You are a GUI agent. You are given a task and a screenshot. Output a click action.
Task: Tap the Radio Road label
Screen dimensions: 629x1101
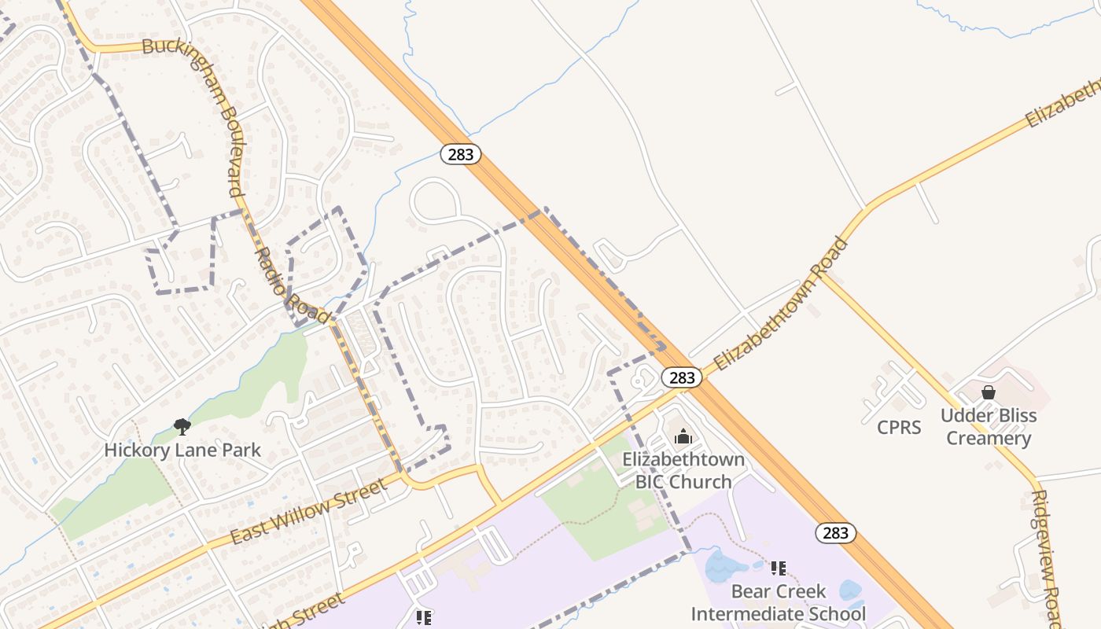click(x=292, y=286)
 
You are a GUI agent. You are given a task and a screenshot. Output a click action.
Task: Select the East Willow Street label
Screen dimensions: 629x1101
click(x=309, y=512)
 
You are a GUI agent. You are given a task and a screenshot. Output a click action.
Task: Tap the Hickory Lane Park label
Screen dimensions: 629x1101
click(x=182, y=451)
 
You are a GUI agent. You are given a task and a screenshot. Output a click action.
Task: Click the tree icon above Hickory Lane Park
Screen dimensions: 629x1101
click(x=182, y=427)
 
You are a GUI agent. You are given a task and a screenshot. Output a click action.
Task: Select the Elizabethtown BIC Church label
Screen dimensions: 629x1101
click(x=683, y=470)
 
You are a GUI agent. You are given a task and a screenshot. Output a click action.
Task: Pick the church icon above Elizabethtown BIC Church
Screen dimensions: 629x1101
click(x=683, y=436)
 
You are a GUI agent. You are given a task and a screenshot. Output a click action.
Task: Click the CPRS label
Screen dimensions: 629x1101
click(x=899, y=428)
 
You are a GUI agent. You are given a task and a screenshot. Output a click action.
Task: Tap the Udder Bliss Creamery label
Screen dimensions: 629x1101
click(x=989, y=427)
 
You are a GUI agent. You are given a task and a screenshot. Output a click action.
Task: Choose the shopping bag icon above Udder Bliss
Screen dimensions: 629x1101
click(x=989, y=392)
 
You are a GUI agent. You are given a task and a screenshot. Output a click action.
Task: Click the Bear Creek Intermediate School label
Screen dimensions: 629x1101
click(x=779, y=602)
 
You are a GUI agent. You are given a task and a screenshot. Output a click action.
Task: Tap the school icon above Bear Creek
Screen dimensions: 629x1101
click(x=779, y=568)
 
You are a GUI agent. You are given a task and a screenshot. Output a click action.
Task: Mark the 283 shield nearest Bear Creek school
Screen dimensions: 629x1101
click(x=835, y=533)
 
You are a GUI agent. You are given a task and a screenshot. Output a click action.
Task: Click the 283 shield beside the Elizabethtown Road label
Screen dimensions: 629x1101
click(x=681, y=377)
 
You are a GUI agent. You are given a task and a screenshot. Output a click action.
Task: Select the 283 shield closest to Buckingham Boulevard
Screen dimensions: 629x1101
click(x=460, y=154)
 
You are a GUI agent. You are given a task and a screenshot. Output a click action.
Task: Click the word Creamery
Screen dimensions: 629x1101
click(x=989, y=438)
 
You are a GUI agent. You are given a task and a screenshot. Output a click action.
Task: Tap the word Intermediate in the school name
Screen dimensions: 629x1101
click(x=779, y=613)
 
